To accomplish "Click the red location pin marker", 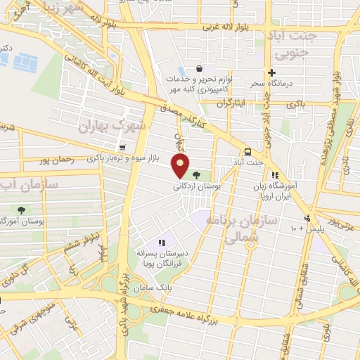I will coord(181,166).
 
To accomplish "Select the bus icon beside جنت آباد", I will coord(247,152).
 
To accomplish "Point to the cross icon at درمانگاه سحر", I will coord(271,73).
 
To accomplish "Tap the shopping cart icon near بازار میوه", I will coord(123,148).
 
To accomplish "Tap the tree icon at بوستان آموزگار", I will coord(21,209).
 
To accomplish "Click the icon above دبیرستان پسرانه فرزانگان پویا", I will coord(162,243).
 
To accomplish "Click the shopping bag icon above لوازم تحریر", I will coord(200,69).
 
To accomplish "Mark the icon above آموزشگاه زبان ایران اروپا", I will coord(276,175).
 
